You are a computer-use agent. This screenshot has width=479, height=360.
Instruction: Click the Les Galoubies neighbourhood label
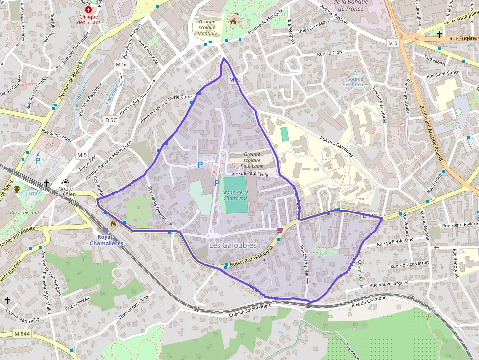tap(233, 245)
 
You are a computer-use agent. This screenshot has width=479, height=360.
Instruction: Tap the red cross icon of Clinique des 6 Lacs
tap(88, 9)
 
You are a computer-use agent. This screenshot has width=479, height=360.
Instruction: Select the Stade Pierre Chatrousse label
tap(236, 195)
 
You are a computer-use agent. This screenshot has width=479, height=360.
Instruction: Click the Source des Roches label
tap(355, 82)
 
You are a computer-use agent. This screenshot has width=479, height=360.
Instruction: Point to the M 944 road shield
tap(22, 334)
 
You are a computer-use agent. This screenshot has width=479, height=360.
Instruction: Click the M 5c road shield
tap(122, 64)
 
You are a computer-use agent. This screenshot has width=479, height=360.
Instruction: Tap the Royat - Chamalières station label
tap(105, 240)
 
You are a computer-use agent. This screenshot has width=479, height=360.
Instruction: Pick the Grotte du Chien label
tap(65, 191)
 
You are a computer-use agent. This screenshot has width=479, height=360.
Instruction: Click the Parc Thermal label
tap(24, 212)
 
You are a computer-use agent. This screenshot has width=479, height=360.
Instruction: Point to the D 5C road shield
tap(111, 120)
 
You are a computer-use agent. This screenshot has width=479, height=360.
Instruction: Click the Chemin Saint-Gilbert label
tap(249, 310)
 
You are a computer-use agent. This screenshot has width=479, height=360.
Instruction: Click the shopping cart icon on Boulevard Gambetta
tap(279, 230)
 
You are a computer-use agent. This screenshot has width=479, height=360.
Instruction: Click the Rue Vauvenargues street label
tap(388, 283)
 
